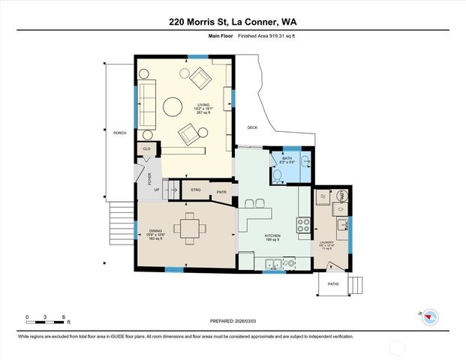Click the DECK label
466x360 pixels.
[252, 127]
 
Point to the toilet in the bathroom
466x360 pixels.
[277, 175]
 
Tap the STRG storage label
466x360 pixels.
[195, 190]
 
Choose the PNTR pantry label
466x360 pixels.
[221, 191]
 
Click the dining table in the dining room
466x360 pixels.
[189, 227]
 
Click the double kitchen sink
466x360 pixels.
[273, 263]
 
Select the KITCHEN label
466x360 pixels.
[272, 236]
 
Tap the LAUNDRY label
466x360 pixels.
[326, 242]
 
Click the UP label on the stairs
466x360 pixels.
[156, 190]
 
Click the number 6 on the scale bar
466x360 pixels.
[65, 317]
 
